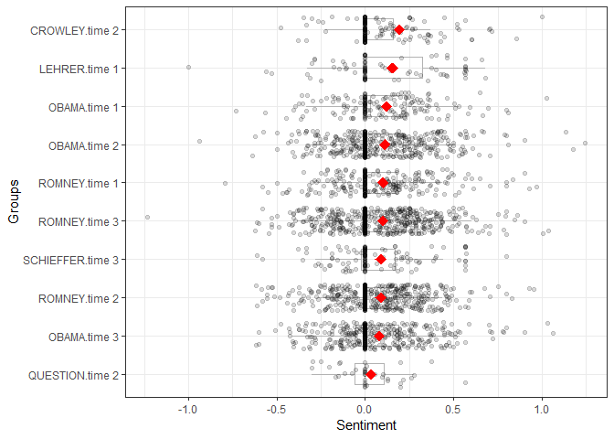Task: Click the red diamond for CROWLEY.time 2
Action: (399, 30)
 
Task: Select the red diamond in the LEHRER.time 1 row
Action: (393, 68)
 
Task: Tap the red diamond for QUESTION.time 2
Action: (371, 374)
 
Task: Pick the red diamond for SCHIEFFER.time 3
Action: (381, 260)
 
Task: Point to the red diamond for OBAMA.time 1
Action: (386, 107)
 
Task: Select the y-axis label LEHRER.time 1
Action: (82, 69)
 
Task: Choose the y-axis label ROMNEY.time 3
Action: (80, 221)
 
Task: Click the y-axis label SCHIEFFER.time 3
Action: (75, 260)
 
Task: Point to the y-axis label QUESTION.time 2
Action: (77, 375)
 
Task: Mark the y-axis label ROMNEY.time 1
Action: (80, 184)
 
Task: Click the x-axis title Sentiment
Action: (365, 426)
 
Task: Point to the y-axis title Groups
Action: (15, 202)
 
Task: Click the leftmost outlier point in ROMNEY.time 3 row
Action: (147, 218)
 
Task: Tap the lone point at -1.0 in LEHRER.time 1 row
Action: (188, 67)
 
